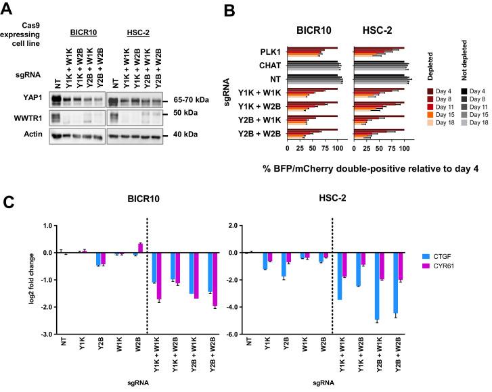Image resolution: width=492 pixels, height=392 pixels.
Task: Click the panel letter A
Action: tap(9, 9)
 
